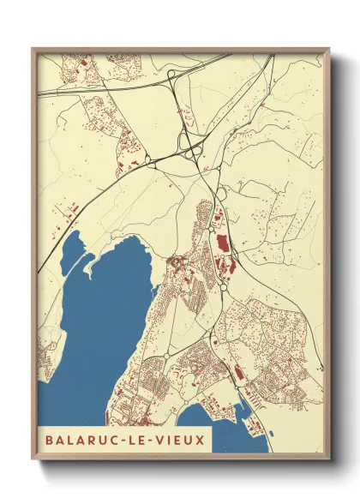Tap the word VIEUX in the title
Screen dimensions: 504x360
point(182,440)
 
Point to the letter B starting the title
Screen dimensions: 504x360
point(50,440)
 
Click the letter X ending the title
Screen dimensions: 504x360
point(201,440)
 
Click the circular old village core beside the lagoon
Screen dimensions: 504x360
point(177,261)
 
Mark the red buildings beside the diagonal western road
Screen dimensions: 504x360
point(69,209)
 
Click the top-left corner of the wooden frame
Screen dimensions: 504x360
point(33,49)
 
